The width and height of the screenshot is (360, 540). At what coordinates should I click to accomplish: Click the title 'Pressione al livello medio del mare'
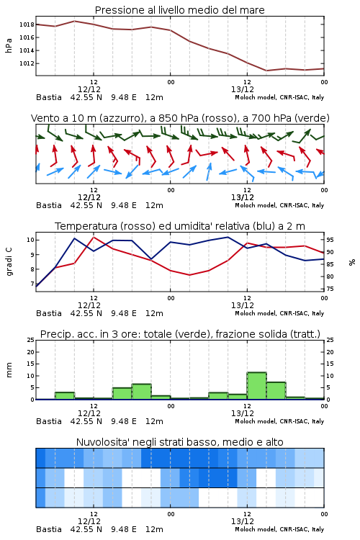click(x=179, y=10)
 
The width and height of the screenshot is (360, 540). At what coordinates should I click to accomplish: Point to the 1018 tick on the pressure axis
click(x=27, y=24)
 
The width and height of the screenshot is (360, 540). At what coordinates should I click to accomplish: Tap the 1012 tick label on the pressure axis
click(x=27, y=63)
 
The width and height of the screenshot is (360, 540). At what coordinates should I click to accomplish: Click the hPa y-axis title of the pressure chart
click(x=9, y=45)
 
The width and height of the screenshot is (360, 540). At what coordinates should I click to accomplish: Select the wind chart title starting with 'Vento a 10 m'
click(x=180, y=118)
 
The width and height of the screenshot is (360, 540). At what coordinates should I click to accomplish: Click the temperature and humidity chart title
click(x=180, y=226)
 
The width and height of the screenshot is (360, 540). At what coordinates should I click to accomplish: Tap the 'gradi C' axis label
click(x=9, y=262)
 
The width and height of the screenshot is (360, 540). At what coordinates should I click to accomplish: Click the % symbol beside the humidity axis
click(x=352, y=262)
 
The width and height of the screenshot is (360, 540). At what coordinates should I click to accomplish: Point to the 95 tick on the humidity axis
click(x=330, y=240)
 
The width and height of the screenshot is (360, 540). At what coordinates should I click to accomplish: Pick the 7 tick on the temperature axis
click(x=32, y=284)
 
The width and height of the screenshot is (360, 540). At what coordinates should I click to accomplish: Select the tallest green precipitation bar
click(x=256, y=386)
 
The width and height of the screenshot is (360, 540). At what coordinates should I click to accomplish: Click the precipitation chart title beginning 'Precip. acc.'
click(x=180, y=334)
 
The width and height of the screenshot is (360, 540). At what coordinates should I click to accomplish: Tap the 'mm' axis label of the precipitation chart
click(x=9, y=370)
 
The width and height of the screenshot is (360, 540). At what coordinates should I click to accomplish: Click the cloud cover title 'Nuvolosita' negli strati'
click(x=179, y=442)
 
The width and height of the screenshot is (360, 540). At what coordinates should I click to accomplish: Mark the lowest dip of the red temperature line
click(x=189, y=275)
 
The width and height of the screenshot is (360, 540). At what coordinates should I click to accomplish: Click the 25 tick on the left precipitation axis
click(x=31, y=340)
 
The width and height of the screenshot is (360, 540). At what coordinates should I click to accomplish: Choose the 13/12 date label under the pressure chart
click(x=243, y=89)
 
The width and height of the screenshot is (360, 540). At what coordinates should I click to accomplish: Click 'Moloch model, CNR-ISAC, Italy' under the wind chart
click(x=279, y=205)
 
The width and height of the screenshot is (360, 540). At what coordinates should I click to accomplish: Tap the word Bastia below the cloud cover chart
click(x=49, y=529)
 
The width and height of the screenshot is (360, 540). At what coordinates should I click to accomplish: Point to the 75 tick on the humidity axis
click(x=330, y=289)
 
